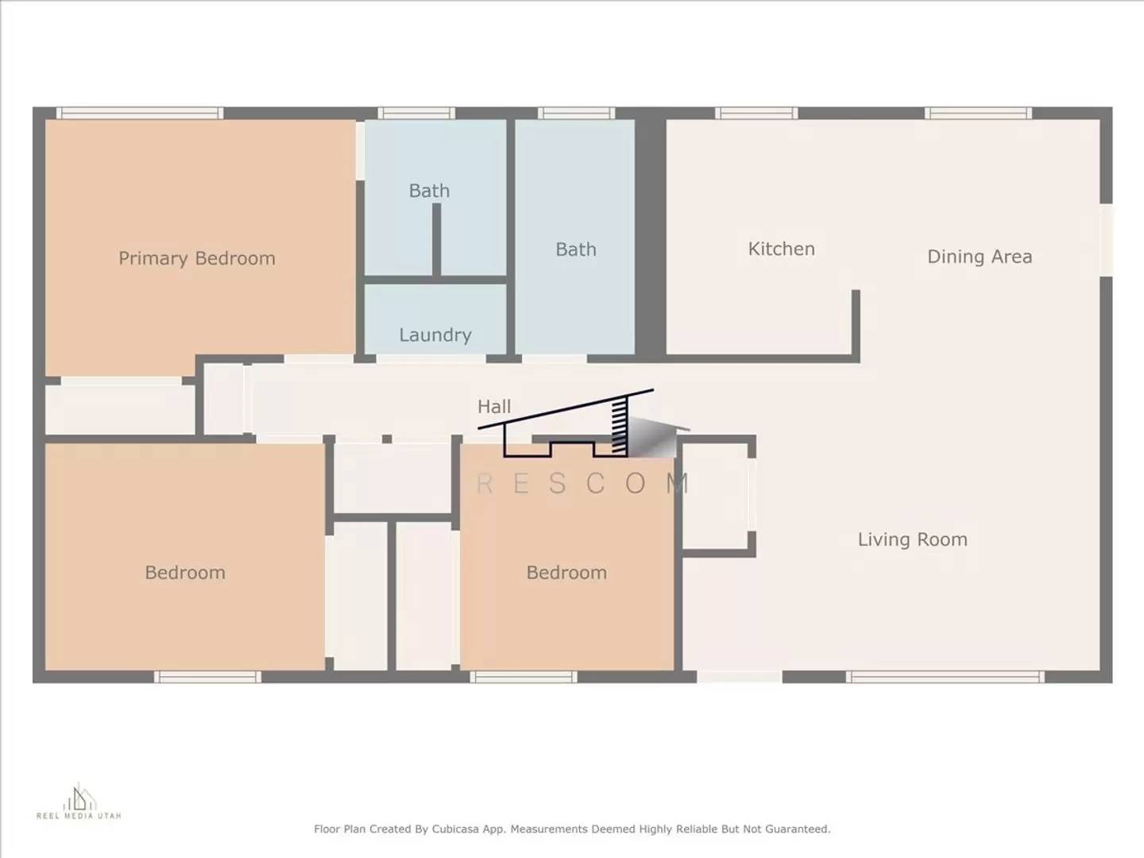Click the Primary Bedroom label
197,258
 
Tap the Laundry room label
435,335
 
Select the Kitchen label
781,249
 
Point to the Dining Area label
979,257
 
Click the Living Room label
912,539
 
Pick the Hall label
493,407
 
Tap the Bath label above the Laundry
429,191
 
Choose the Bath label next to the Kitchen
575,249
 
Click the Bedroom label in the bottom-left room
185,573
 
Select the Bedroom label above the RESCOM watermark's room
566,573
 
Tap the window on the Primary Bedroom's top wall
139,114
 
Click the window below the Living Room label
944,677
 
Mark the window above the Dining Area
978,114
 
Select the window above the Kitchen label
756,114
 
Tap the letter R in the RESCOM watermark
485,483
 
